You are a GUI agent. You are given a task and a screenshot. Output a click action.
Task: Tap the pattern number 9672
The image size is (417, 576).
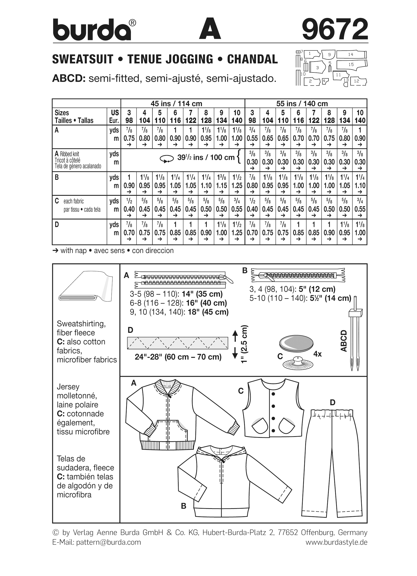click(335, 29)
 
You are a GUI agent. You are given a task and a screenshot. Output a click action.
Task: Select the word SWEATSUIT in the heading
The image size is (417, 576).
click(83, 59)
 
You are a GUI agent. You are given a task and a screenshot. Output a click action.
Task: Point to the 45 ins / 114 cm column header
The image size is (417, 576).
click(176, 104)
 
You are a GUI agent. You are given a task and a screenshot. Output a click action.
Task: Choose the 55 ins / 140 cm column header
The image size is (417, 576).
click(302, 104)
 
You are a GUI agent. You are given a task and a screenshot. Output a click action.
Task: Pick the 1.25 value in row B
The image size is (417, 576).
click(237, 186)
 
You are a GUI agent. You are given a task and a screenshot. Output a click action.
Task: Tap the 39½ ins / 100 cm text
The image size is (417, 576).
click(206, 157)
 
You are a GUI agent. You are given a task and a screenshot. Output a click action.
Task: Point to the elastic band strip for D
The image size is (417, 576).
click(177, 343)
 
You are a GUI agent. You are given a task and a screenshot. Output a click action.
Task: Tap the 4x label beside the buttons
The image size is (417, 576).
click(317, 354)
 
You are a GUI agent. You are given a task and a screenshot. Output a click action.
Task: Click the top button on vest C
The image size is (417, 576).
click(273, 394)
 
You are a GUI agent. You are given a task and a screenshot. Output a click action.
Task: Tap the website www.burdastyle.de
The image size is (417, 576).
click(336, 542)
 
